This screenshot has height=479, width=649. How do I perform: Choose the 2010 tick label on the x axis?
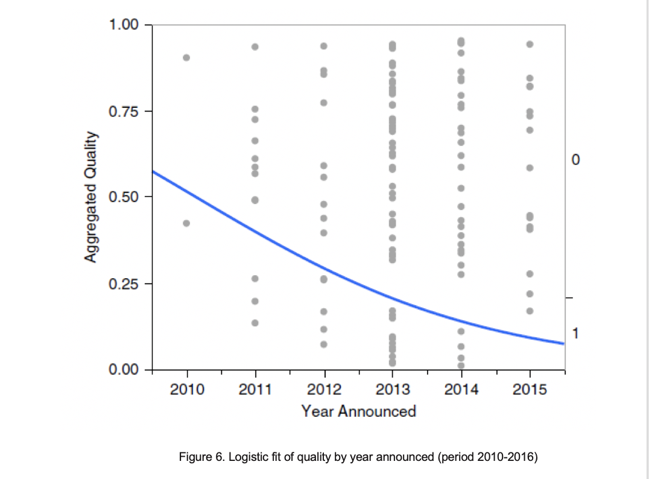click(186, 390)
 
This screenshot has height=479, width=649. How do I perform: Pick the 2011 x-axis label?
click(255, 390)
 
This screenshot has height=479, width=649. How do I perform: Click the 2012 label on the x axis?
click(324, 390)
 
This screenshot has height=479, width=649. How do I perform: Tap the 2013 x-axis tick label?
click(393, 390)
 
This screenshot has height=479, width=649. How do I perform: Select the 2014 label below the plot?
click(461, 390)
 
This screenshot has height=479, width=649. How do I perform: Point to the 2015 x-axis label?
click(530, 390)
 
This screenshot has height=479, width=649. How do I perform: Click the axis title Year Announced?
click(358, 412)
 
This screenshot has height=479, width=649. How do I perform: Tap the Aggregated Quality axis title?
click(91, 197)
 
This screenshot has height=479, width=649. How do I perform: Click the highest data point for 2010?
click(186, 58)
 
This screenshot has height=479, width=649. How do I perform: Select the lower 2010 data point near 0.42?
click(186, 223)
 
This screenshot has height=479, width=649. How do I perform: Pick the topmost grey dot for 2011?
click(255, 47)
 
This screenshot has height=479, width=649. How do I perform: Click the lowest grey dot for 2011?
click(255, 323)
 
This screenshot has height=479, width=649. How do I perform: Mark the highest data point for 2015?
click(530, 44)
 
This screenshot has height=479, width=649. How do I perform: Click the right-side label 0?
click(576, 160)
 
